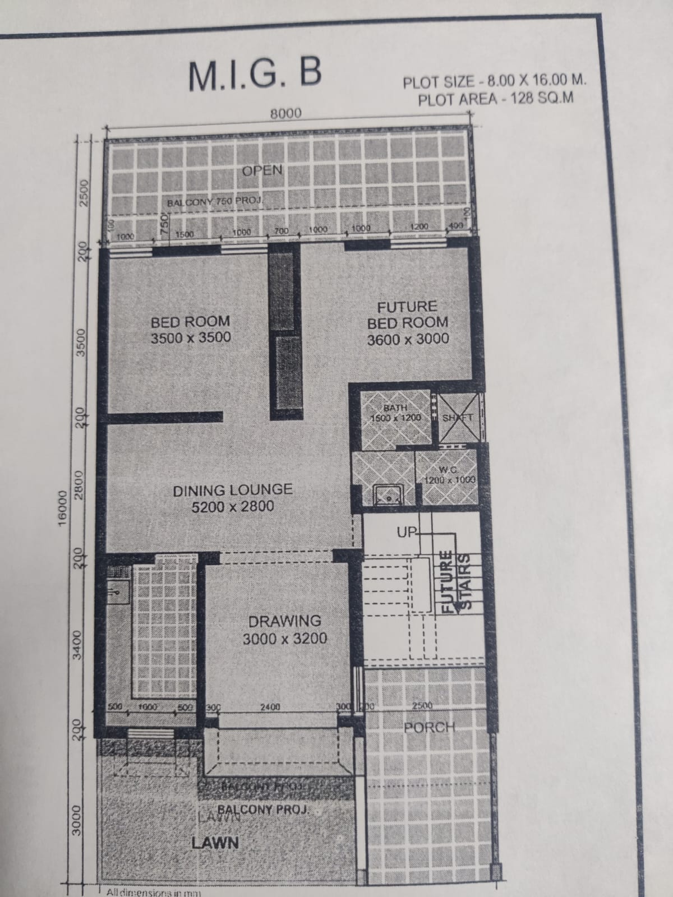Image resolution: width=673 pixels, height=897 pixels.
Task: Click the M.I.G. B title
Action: point(255,75)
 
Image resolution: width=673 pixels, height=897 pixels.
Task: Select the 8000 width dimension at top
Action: point(285,113)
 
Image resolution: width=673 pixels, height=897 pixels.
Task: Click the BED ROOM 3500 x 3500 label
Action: point(191,329)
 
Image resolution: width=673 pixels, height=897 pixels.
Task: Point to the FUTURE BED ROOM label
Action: point(408,322)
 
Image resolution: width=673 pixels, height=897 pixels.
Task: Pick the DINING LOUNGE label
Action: point(232,498)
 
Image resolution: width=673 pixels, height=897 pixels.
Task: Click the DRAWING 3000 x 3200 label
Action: point(285,630)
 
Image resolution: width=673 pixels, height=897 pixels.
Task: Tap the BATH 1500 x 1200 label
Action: point(396,413)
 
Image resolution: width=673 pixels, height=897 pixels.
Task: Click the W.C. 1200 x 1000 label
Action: point(450,475)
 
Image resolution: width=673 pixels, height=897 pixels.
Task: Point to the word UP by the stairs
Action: point(405,532)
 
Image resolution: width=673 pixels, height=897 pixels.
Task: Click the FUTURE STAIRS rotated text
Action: point(455,583)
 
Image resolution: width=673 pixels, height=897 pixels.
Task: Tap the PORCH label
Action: point(429,727)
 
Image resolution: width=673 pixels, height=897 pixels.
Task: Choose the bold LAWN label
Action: point(215,842)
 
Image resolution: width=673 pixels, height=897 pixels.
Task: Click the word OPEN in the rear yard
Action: point(262,170)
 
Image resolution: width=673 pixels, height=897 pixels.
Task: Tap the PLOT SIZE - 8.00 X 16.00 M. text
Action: point(495,81)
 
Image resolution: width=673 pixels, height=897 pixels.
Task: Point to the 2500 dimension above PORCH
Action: point(422,705)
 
